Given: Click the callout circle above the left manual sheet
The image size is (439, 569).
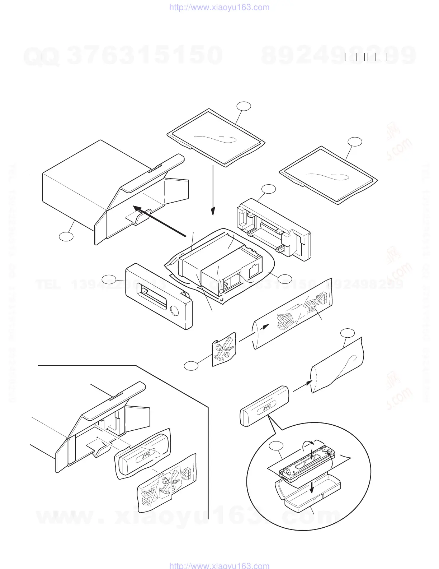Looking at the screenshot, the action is pyautogui.click(x=244, y=106).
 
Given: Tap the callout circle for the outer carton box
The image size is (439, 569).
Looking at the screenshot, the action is pyautogui.click(x=66, y=236).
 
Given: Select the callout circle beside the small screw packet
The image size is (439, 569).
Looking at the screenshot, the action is pyautogui.click(x=191, y=366).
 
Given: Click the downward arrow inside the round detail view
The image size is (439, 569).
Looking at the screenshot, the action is pyautogui.click(x=312, y=487).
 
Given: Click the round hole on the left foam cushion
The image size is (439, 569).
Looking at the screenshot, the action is pyautogui.click(x=175, y=310).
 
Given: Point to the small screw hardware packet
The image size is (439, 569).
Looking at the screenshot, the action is pyautogui.click(x=224, y=349).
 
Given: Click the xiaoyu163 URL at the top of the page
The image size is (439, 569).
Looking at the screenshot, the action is pyautogui.click(x=219, y=7).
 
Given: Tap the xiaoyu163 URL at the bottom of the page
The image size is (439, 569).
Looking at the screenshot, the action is pyautogui.click(x=219, y=565).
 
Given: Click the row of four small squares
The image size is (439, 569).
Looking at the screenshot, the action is pyautogui.click(x=366, y=57).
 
